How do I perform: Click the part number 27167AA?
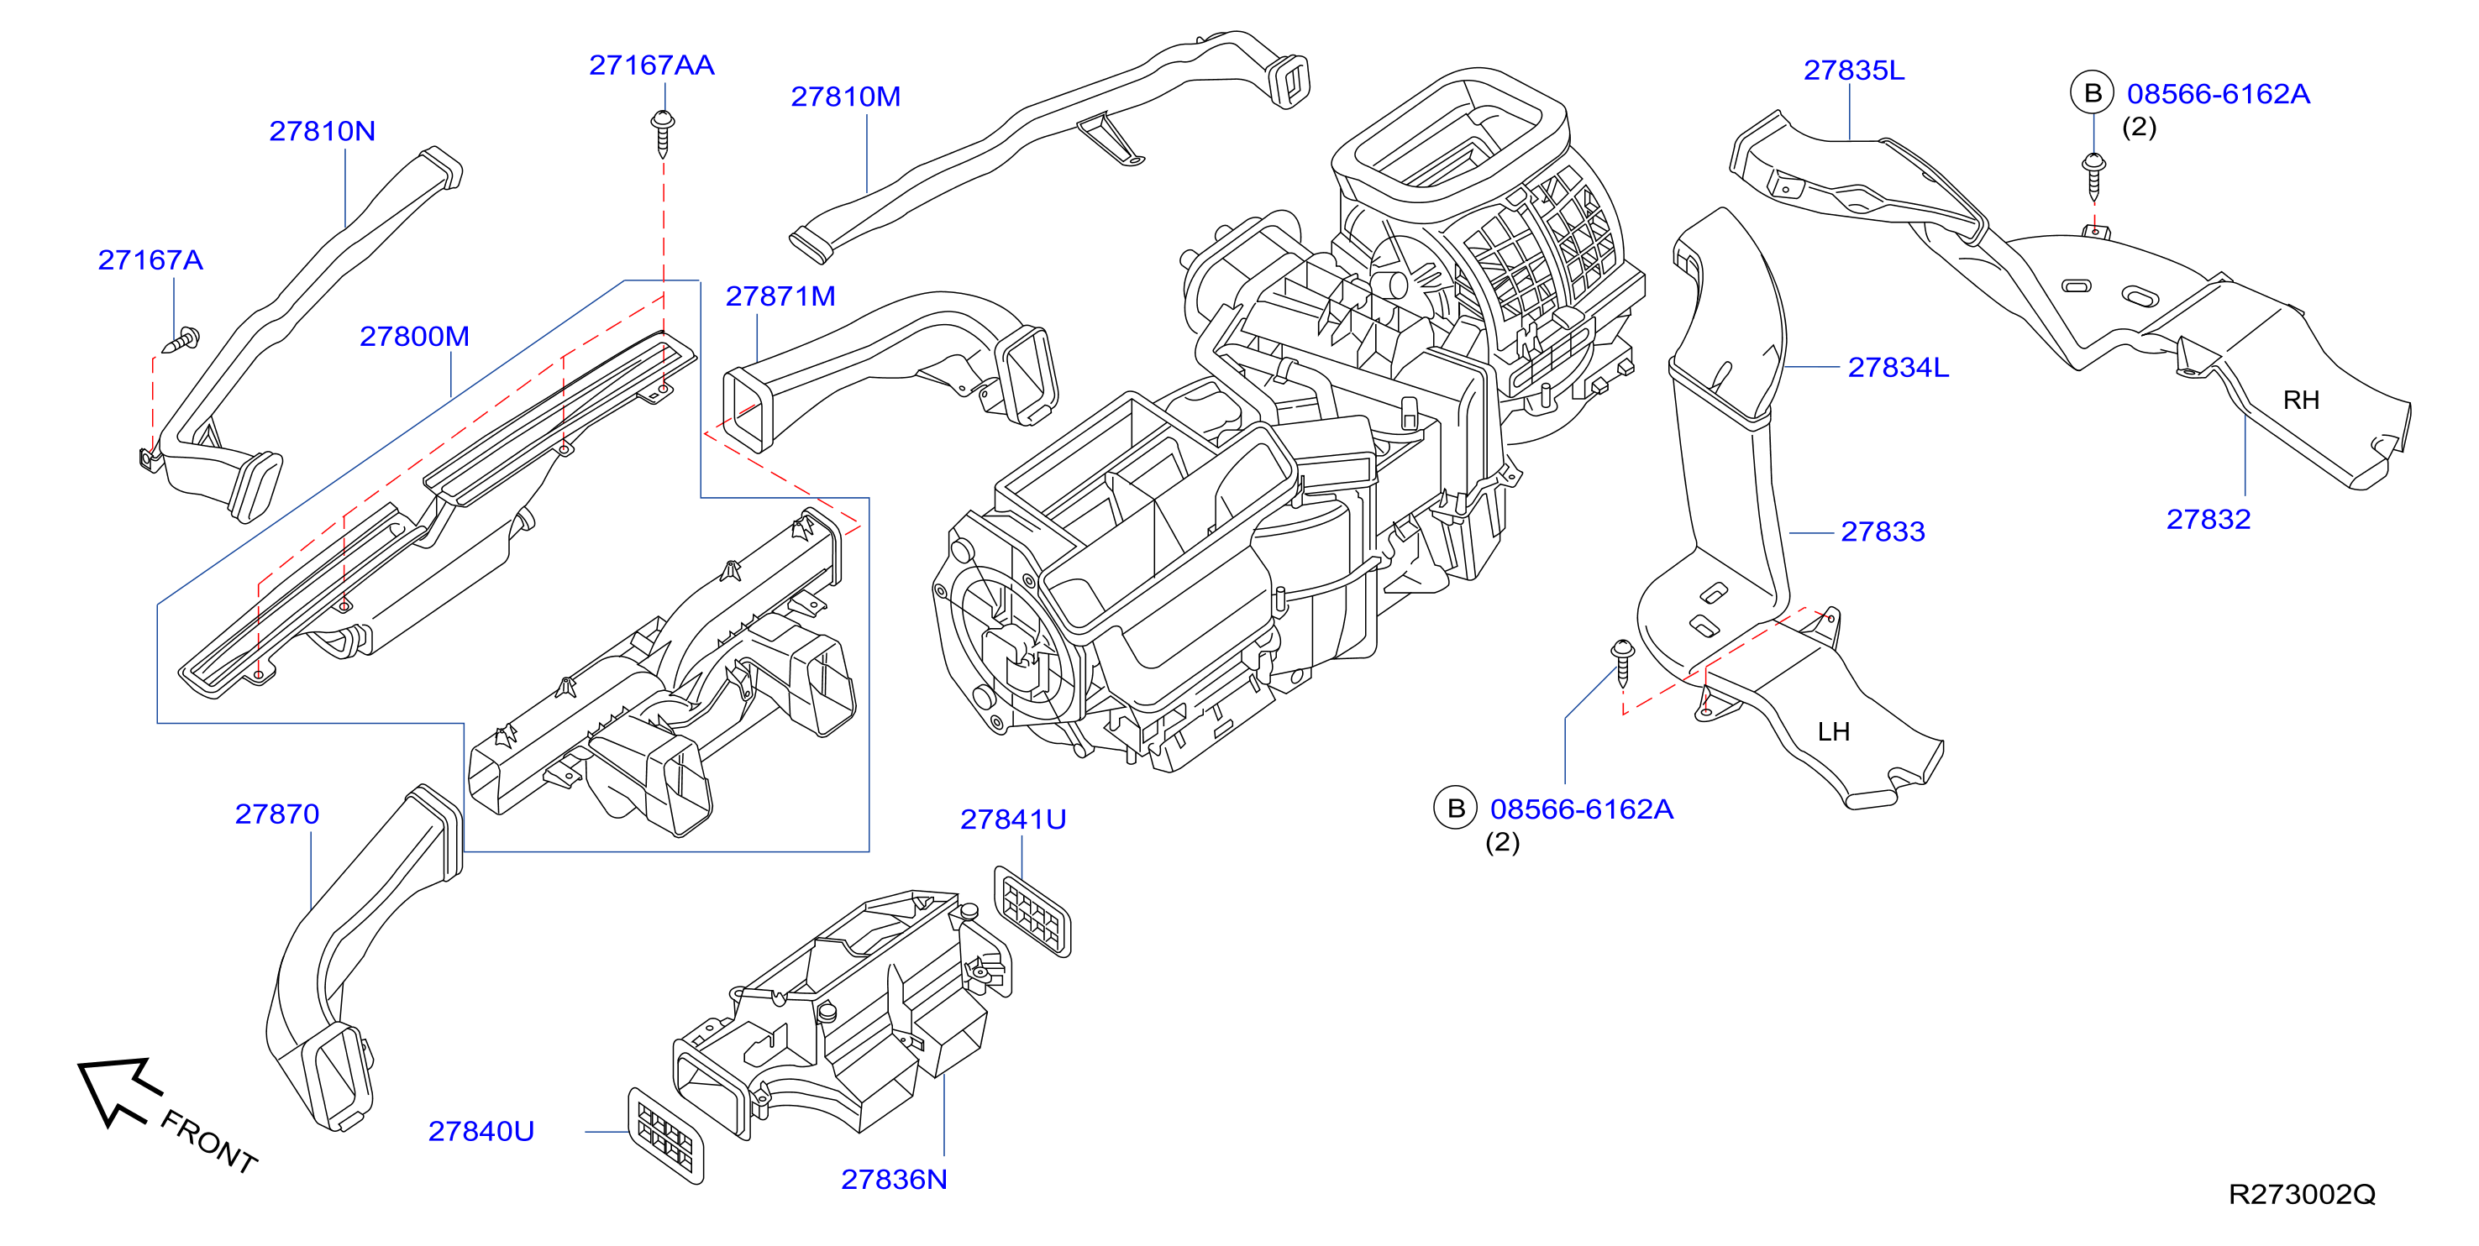[x=652, y=65]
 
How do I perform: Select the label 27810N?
[x=323, y=131]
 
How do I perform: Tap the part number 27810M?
[x=846, y=97]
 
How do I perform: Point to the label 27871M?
[x=780, y=296]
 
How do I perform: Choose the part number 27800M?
[x=415, y=337]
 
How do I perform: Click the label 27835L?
[x=1853, y=71]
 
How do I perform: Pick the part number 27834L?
[x=1898, y=368]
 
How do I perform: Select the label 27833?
[x=1883, y=532]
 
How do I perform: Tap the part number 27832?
[x=2209, y=520]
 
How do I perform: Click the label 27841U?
[x=1013, y=819]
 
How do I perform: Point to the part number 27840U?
[x=481, y=1132]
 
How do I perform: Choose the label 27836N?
[x=894, y=1180]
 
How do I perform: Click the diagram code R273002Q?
[x=2302, y=1195]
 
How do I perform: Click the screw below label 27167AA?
[x=663, y=133]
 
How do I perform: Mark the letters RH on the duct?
[x=2301, y=400]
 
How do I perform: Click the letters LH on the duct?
[x=1833, y=732]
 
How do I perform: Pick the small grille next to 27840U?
[x=666, y=1135]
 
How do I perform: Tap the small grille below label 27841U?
[x=1032, y=911]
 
